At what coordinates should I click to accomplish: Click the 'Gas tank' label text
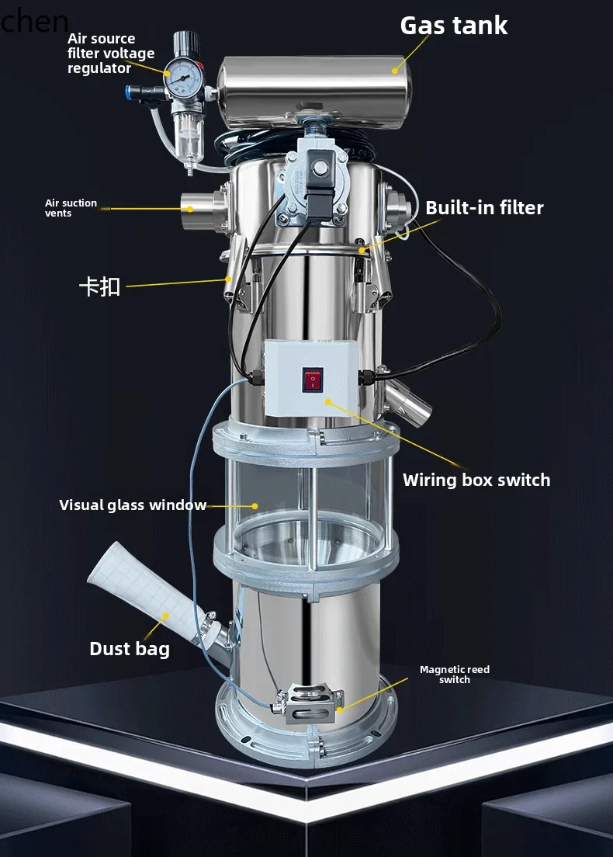click(454, 25)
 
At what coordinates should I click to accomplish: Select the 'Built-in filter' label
click(484, 207)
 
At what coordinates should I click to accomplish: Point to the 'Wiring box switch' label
click(476, 480)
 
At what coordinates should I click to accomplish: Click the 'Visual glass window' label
click(133, 505)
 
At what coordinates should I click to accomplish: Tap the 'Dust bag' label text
click(130, 649)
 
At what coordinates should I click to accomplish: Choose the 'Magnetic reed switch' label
click(454, 675)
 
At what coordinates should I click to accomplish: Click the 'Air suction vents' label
click(71, 208)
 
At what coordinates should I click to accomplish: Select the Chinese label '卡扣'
click(99, 286)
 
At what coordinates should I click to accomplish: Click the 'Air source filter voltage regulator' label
click(111, 53)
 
